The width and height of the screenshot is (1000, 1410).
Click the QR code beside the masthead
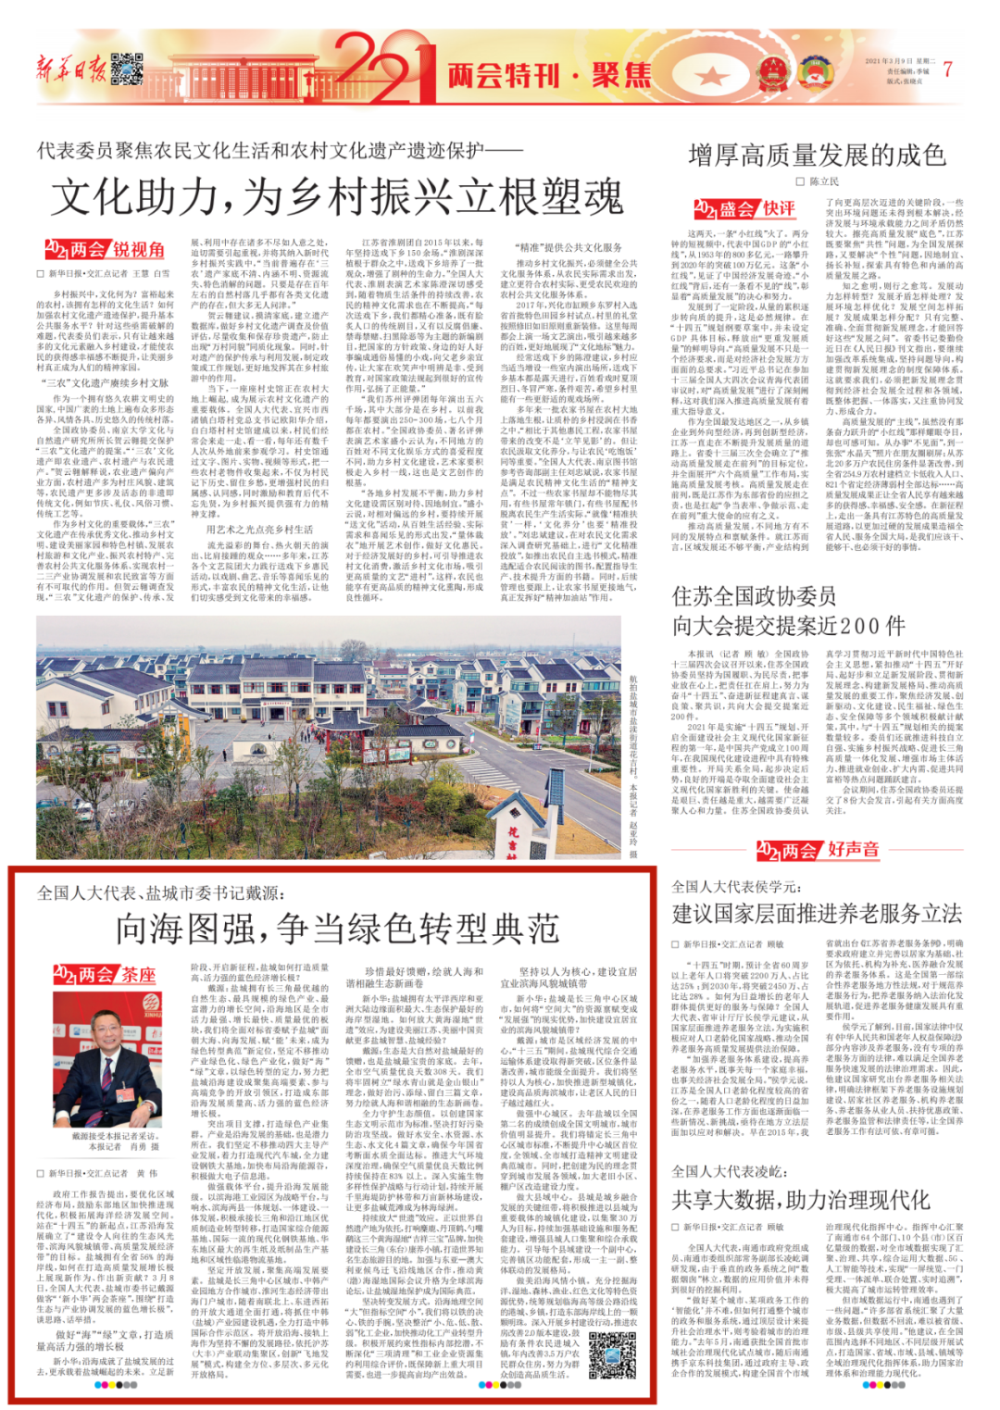click(126, 70)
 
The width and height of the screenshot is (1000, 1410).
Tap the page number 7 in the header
click(947, 70)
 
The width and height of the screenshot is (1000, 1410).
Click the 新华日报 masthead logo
click(70, 69)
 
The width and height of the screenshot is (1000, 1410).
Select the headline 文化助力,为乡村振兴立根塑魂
click(338, 196)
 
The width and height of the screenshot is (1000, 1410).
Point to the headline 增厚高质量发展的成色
click(817, 155)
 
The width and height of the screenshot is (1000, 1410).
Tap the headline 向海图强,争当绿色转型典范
click(337, 927)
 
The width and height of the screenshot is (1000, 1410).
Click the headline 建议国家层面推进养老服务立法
click(817, 913)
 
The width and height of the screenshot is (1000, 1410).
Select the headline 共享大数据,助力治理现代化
click(800, 1200)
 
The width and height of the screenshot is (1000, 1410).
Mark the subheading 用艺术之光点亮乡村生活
click(259, 530)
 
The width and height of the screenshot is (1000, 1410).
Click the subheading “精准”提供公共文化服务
click(569, 248)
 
